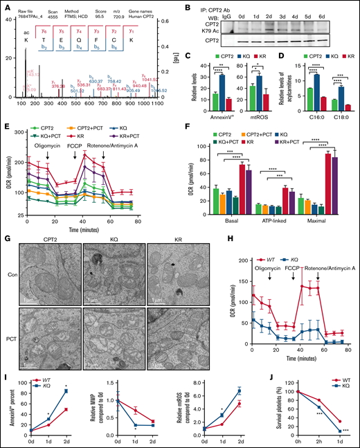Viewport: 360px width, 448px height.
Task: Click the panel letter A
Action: click(6, 6)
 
